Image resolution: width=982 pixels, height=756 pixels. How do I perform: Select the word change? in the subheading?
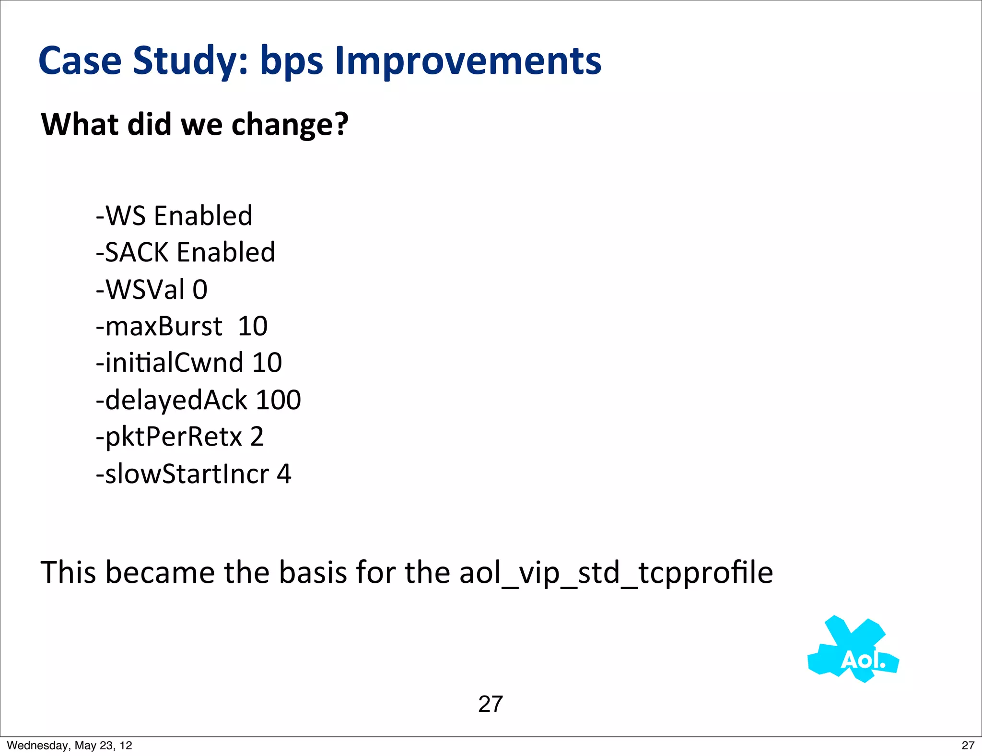290,125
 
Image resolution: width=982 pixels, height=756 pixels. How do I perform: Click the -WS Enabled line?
174,215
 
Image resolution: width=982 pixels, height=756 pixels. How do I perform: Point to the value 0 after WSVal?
200,290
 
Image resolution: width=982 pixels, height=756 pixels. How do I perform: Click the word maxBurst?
163,326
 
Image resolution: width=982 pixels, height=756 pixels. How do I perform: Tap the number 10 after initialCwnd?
267,363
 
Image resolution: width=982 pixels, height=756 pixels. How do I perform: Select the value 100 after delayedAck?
278,400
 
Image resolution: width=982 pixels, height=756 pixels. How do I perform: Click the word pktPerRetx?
173,437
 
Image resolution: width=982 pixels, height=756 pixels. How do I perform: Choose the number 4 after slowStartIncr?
284,474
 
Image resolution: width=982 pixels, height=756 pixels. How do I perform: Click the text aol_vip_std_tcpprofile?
616,573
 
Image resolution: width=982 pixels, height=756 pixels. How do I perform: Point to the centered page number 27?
491,704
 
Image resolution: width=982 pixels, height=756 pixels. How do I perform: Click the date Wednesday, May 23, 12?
70,745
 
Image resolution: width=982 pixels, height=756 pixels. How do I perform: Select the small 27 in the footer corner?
968,745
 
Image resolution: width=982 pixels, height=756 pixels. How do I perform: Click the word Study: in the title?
191,61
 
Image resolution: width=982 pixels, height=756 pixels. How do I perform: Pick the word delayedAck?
175,400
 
